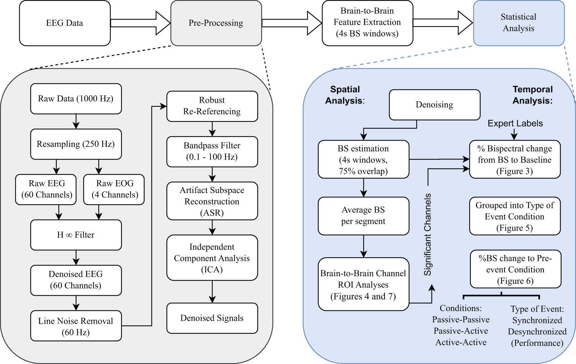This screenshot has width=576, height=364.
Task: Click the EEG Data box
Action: pyautogui.click(x=65, y=23)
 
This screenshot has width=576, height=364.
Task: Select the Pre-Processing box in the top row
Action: pyautogui.click(x=216, y=23)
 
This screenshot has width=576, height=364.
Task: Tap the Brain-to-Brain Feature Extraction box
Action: pyautogui.click(x=367, y=23)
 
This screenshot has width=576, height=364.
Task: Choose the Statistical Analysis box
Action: pyautogui.click(x=519, y=23)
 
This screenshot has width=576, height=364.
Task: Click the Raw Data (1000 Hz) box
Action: pyautogui.click(x=76, y=99)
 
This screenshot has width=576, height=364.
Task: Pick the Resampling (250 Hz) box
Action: pyautogui.click(x=76, y=144)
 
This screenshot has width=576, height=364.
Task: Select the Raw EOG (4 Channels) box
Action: pyautogui.click(x=114, y=189)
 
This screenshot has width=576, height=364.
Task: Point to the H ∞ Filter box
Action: pyautogui.click(x=76, y=235)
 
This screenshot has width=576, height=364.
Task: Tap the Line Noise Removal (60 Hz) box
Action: pyautogui.click(x=76, y=326)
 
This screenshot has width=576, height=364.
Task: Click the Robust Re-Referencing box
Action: pyautogui.click(x=212, y=106)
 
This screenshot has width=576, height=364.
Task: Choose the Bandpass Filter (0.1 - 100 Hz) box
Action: pyautogui.click(x=212, y=151)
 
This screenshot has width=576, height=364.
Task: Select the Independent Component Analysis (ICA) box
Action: pyautogui.click(x=212, y=258)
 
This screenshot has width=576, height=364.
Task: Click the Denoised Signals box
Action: pyautogui.click(x=212, y=318)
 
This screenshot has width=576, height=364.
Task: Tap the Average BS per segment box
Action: pyautogui.click(x=363, y=216)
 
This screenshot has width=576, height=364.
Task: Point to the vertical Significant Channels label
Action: pyautogui.click(x=428, y=234)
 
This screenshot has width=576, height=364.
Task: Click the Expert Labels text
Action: pyautogui.click(x=515, y=124)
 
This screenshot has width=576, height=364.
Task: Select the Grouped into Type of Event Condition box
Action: pyautogui.click(x=515, y=216)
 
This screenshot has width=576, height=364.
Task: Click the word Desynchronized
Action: pyautogui.click(x=537, y=332)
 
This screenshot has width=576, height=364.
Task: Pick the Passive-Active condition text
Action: pyautogui.click(x=461, y=331)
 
